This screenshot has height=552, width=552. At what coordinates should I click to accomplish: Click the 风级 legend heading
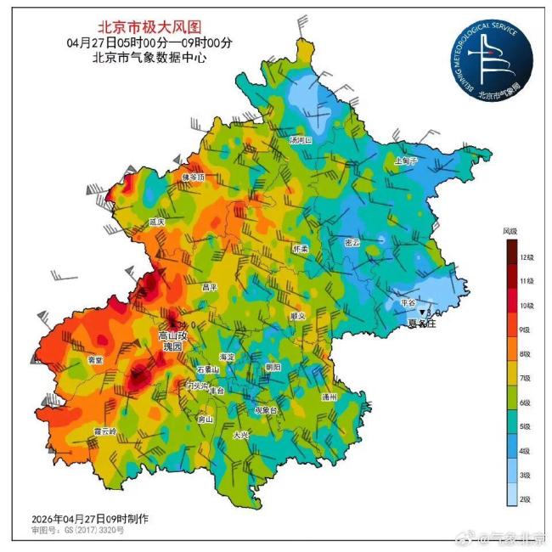pyautogui.click(x=510, y=230)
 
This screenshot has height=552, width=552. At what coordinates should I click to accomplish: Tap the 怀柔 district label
pyautogui.click(x=301, y=249)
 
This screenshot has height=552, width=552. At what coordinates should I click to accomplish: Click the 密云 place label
pyautogui.click(x=352, y=242)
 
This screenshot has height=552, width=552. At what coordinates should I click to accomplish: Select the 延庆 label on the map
pyautogui.click(x=157, y=221)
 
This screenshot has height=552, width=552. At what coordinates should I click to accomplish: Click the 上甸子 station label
pyautogui.click(x=407, y=160)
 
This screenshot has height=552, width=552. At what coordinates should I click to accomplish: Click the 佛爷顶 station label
pyautogui.click(x=194, y=177)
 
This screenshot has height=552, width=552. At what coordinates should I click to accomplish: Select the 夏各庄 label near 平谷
pyautogui.click(x=421, y=324)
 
